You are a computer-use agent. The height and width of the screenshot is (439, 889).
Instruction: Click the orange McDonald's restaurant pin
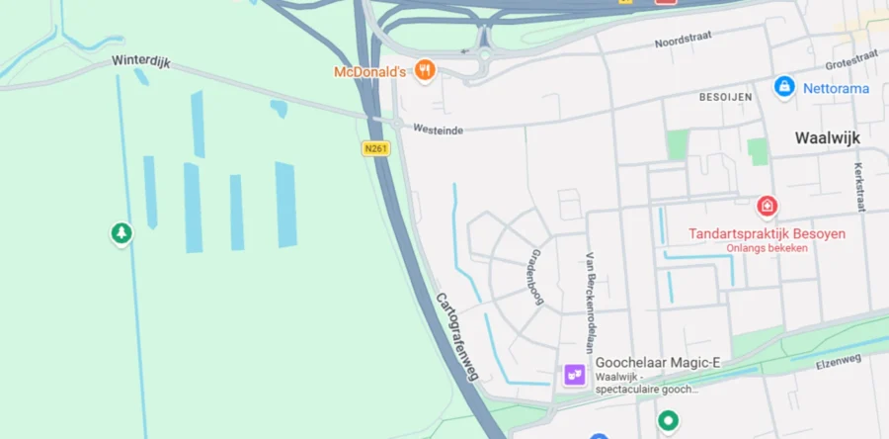(x=426, y=69)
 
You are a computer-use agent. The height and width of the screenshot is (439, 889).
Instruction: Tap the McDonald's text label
(x=370, y=72)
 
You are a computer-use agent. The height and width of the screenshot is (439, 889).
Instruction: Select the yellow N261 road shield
(x=375, y=148)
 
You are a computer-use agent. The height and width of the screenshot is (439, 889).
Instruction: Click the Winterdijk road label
(x=141, y=61)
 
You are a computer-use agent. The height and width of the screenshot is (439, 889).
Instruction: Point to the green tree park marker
(x=121, y=233)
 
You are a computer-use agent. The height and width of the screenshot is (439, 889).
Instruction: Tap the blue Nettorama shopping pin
(x=784, y=87)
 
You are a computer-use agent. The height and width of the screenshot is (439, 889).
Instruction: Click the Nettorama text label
(x=836, y=89)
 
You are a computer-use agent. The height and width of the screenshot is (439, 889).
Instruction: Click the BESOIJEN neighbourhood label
(x=725, y=97)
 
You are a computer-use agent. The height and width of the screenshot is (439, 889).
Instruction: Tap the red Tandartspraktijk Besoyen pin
(x=767, y=206)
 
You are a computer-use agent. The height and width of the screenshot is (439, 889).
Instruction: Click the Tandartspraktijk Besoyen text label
(x=767, y=234)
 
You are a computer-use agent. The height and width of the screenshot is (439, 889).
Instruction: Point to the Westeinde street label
(x=438, y=129)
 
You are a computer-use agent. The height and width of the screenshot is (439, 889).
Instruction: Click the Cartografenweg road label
(x=457, y=337)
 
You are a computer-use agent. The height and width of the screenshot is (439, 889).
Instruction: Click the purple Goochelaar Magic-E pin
(x=575, y=375)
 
